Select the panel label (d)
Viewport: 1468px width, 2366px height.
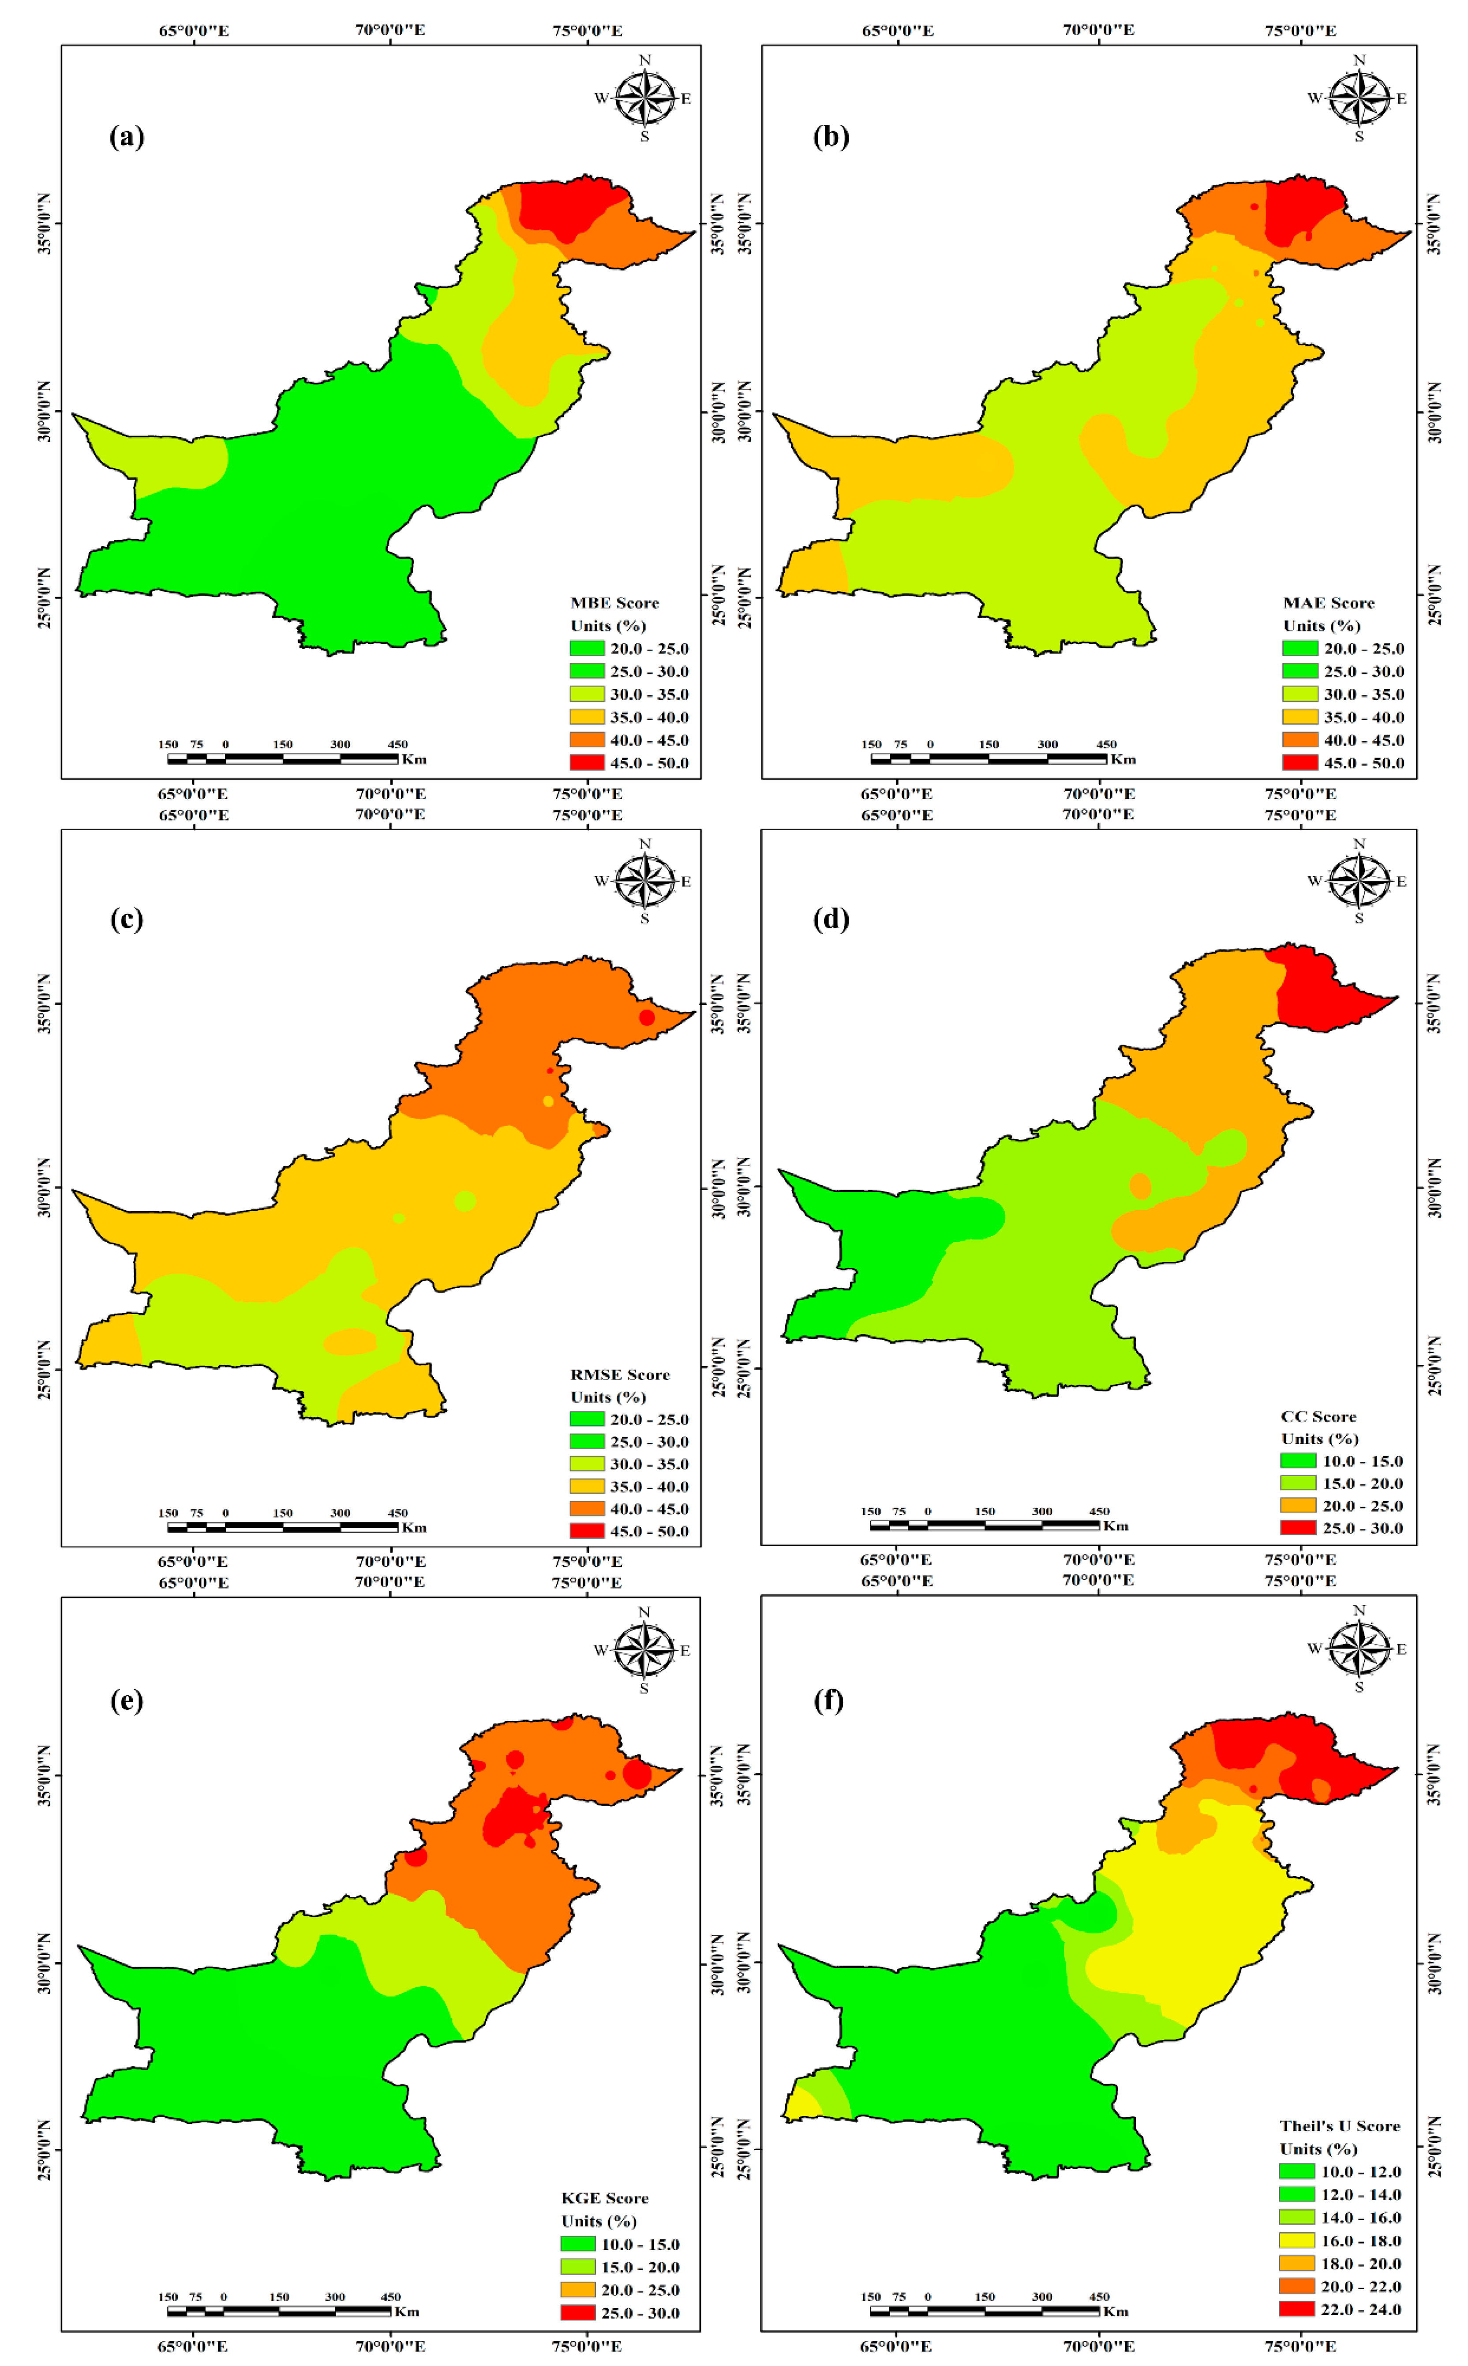pos(830,919)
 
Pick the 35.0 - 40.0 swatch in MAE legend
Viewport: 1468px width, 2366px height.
pos(1300,717)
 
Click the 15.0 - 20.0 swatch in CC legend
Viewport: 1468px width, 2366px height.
pos(1298,1483)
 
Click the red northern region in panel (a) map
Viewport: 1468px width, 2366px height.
pos(563,209)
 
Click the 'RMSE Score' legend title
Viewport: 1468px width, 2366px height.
pos(619,1375)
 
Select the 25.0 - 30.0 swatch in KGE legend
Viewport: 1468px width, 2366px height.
pos(578,2313)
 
